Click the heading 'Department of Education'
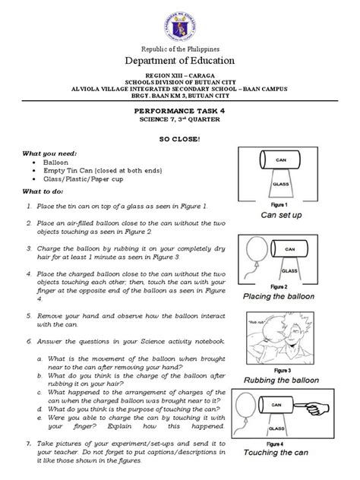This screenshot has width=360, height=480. [179, 62]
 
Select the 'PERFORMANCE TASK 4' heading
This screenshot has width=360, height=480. [179, 110]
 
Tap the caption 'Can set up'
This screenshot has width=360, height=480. [286, 215]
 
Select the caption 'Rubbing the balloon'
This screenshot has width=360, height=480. [286, 378]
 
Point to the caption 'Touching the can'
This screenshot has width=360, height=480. [286, 453]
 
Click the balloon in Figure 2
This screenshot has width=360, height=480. [254, 255]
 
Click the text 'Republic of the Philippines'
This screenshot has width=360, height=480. [179, 46]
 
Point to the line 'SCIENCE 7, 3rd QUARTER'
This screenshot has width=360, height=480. [179, 120]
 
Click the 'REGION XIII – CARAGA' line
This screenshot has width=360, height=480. [179, 78]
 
